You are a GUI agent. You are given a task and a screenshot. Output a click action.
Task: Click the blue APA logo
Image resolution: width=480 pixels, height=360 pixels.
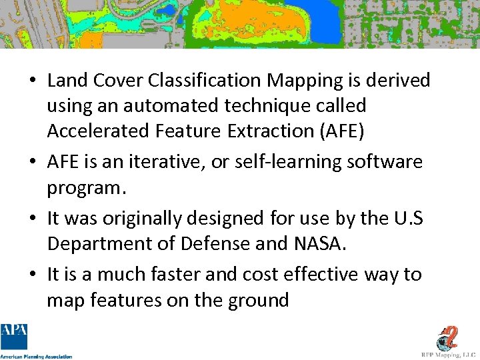point(13,337)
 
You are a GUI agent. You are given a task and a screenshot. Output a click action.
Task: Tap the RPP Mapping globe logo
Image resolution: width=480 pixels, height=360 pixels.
point(449,337)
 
